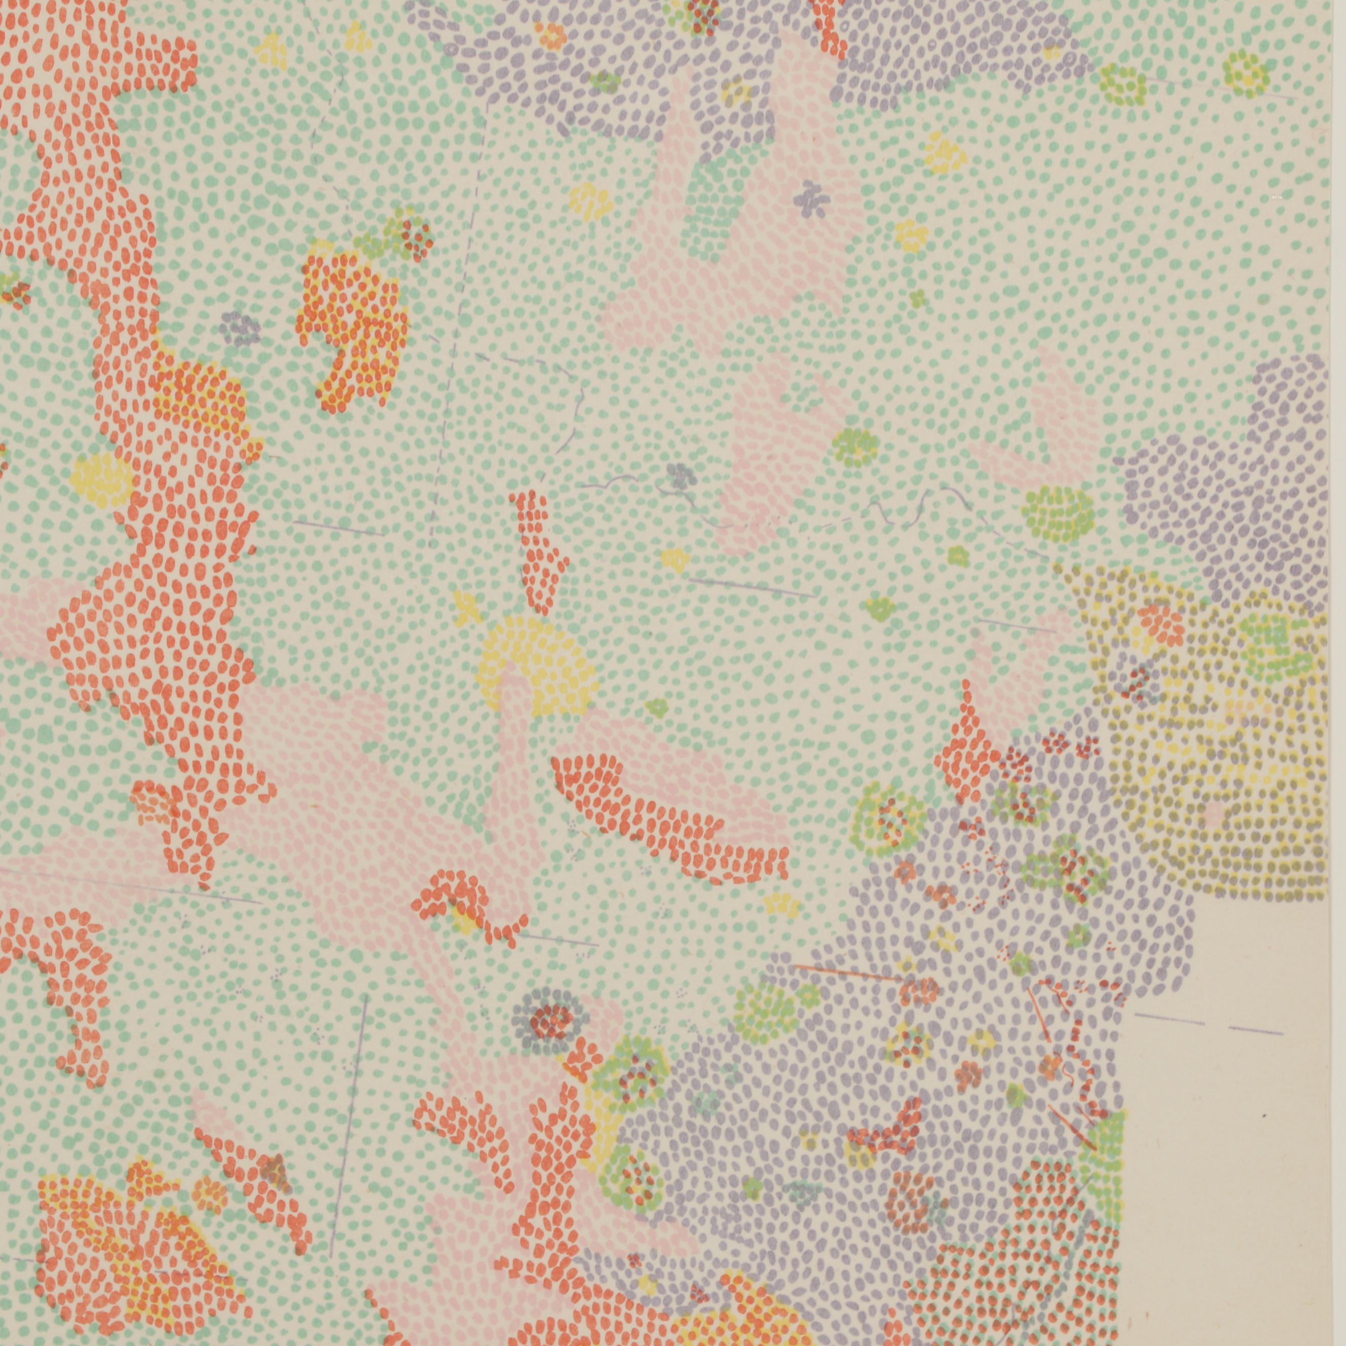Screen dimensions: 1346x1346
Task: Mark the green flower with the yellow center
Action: (855, 446)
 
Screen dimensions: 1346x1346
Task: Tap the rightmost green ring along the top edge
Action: (1246, 73)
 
